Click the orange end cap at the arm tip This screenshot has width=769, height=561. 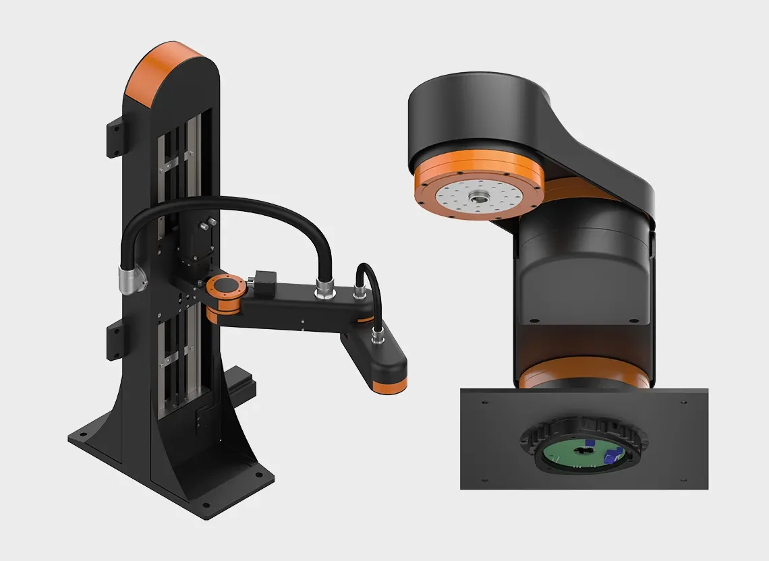pyautogui.click(x=391, y=384)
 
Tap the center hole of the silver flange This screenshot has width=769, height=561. pyautogui.click(x=480, y=197)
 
